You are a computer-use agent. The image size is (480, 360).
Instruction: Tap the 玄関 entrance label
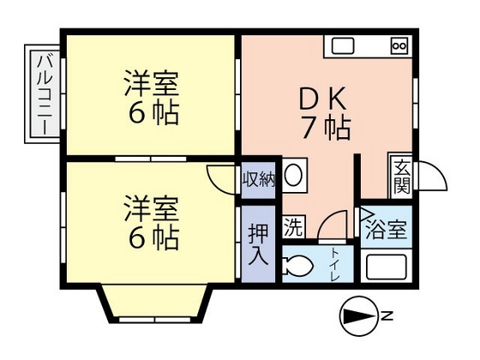pyautogui.click(x=400, y=178)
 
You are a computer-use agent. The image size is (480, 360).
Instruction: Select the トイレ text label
pyautogui.click(x=336, y=262)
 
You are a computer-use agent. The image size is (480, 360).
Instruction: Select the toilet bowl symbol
pyautogui.click(x=299, y=265)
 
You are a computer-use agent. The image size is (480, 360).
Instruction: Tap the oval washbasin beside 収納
pyautogui.click(x=293, y=177)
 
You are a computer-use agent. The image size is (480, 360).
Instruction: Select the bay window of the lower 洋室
pyautogui.click(x=151, y=299)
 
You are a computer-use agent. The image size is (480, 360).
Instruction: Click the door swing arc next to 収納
pyautogui.click(x=221, y=175)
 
